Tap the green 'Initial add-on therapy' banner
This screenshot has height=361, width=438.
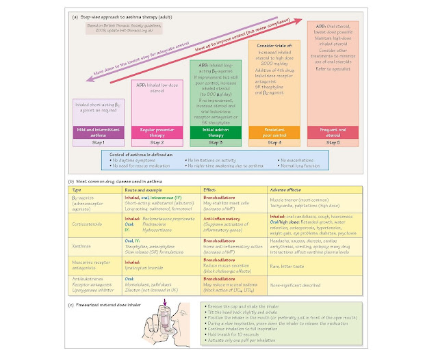[x=216, y=130]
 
